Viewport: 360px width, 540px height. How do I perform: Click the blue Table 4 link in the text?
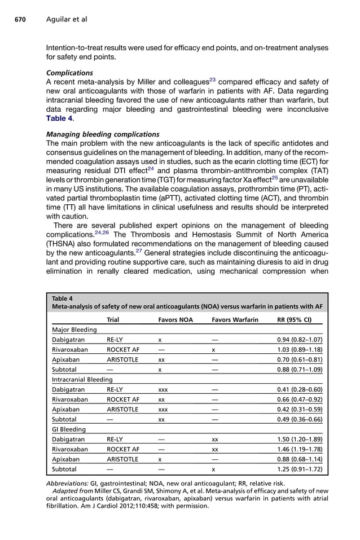(60, 118)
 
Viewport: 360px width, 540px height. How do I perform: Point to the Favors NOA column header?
(175, 319)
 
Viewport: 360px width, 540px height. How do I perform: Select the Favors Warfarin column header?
(235, 319)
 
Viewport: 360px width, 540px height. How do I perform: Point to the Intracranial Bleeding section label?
(82, 380)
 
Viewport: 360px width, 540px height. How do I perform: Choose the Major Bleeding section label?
(74, 330)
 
